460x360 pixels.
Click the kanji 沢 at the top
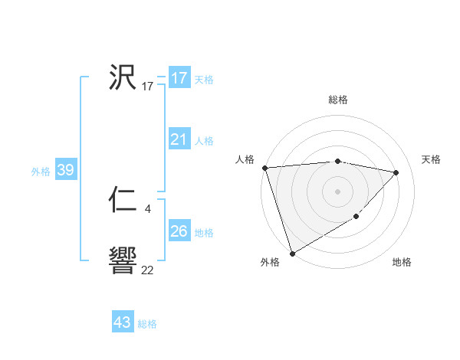[x=123, y=77]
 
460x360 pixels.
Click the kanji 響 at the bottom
[x=123, y=261]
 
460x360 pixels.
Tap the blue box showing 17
[x=179, y=78]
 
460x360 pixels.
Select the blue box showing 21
[x=179, y=139]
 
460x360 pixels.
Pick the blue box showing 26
[x=179, y=231]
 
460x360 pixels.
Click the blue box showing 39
[x=65, y=170]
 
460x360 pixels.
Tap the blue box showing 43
[x=123, y=322]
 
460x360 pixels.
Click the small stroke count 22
[x=147, y=270]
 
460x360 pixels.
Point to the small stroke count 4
[x=147, y=208]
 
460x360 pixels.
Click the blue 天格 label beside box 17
[x=204, y=79]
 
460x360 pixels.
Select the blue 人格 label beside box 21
[x=204, y=140]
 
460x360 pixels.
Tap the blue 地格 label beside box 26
[x=204, y=232]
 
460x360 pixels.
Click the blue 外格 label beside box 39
[x=41, y=171]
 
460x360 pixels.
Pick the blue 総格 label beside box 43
[x=147, y=323]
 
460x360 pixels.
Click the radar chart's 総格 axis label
[x=337, y=100]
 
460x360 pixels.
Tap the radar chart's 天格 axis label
[x=432, y=159]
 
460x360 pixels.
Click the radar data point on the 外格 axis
[x=292, y=253]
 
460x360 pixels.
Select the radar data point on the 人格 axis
[x=264, y=168]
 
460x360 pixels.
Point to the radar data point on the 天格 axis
[x=396, y=172]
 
